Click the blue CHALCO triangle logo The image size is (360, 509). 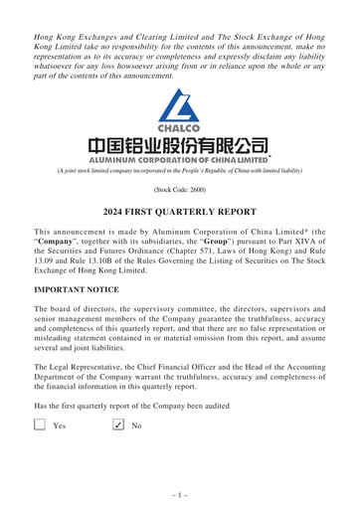click(x=180, y=105)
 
